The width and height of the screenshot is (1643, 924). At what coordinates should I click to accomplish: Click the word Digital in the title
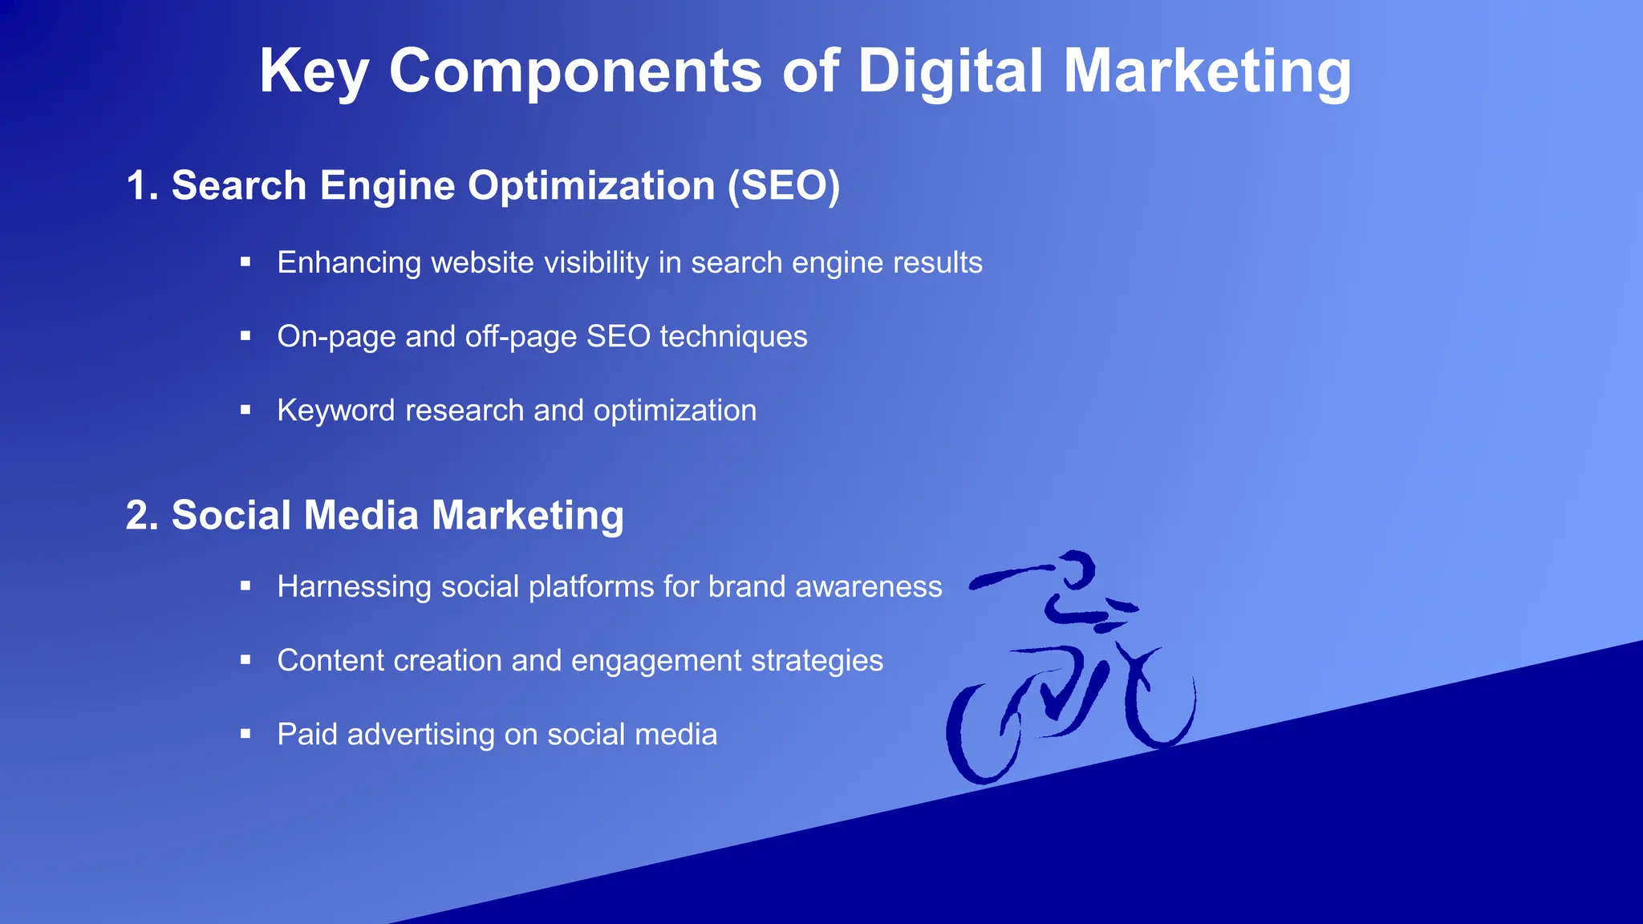pos(951,71)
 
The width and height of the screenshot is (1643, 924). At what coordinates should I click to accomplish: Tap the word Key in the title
pos(314,71)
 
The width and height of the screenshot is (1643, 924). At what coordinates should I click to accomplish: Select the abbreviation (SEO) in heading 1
pos(784,185)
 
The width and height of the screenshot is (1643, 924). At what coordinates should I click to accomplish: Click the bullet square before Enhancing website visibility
pos(245,262)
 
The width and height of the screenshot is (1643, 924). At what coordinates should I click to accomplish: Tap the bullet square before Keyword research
pos(245,410)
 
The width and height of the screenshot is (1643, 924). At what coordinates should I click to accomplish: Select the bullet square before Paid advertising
pos(245,734)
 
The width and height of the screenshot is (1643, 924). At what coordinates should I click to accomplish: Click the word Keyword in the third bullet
pos(336,411)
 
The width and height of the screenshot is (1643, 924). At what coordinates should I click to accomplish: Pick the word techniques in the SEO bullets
pos(733,337)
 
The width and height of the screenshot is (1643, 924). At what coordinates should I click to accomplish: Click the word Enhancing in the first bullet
pos(349,263)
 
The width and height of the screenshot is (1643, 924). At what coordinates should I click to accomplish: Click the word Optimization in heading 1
pos(591,185)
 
